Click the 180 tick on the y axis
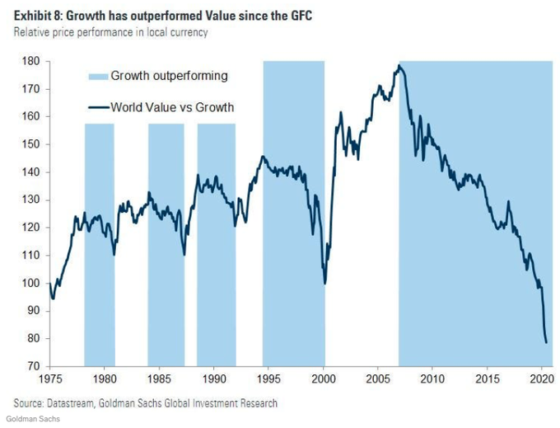coord(32,61)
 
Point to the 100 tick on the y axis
coord(32,283)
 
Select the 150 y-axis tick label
coord(32,144)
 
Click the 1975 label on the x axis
coord(49,381)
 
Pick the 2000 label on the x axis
coord(324,381)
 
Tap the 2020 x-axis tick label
coord(541,381)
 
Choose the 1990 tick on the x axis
coord(214,381)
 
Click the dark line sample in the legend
coord(97,106)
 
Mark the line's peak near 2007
coord(399,65)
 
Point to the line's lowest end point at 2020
coord(546,342)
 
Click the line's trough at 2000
coord(325,284)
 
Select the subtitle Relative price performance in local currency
coord(110,32)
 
